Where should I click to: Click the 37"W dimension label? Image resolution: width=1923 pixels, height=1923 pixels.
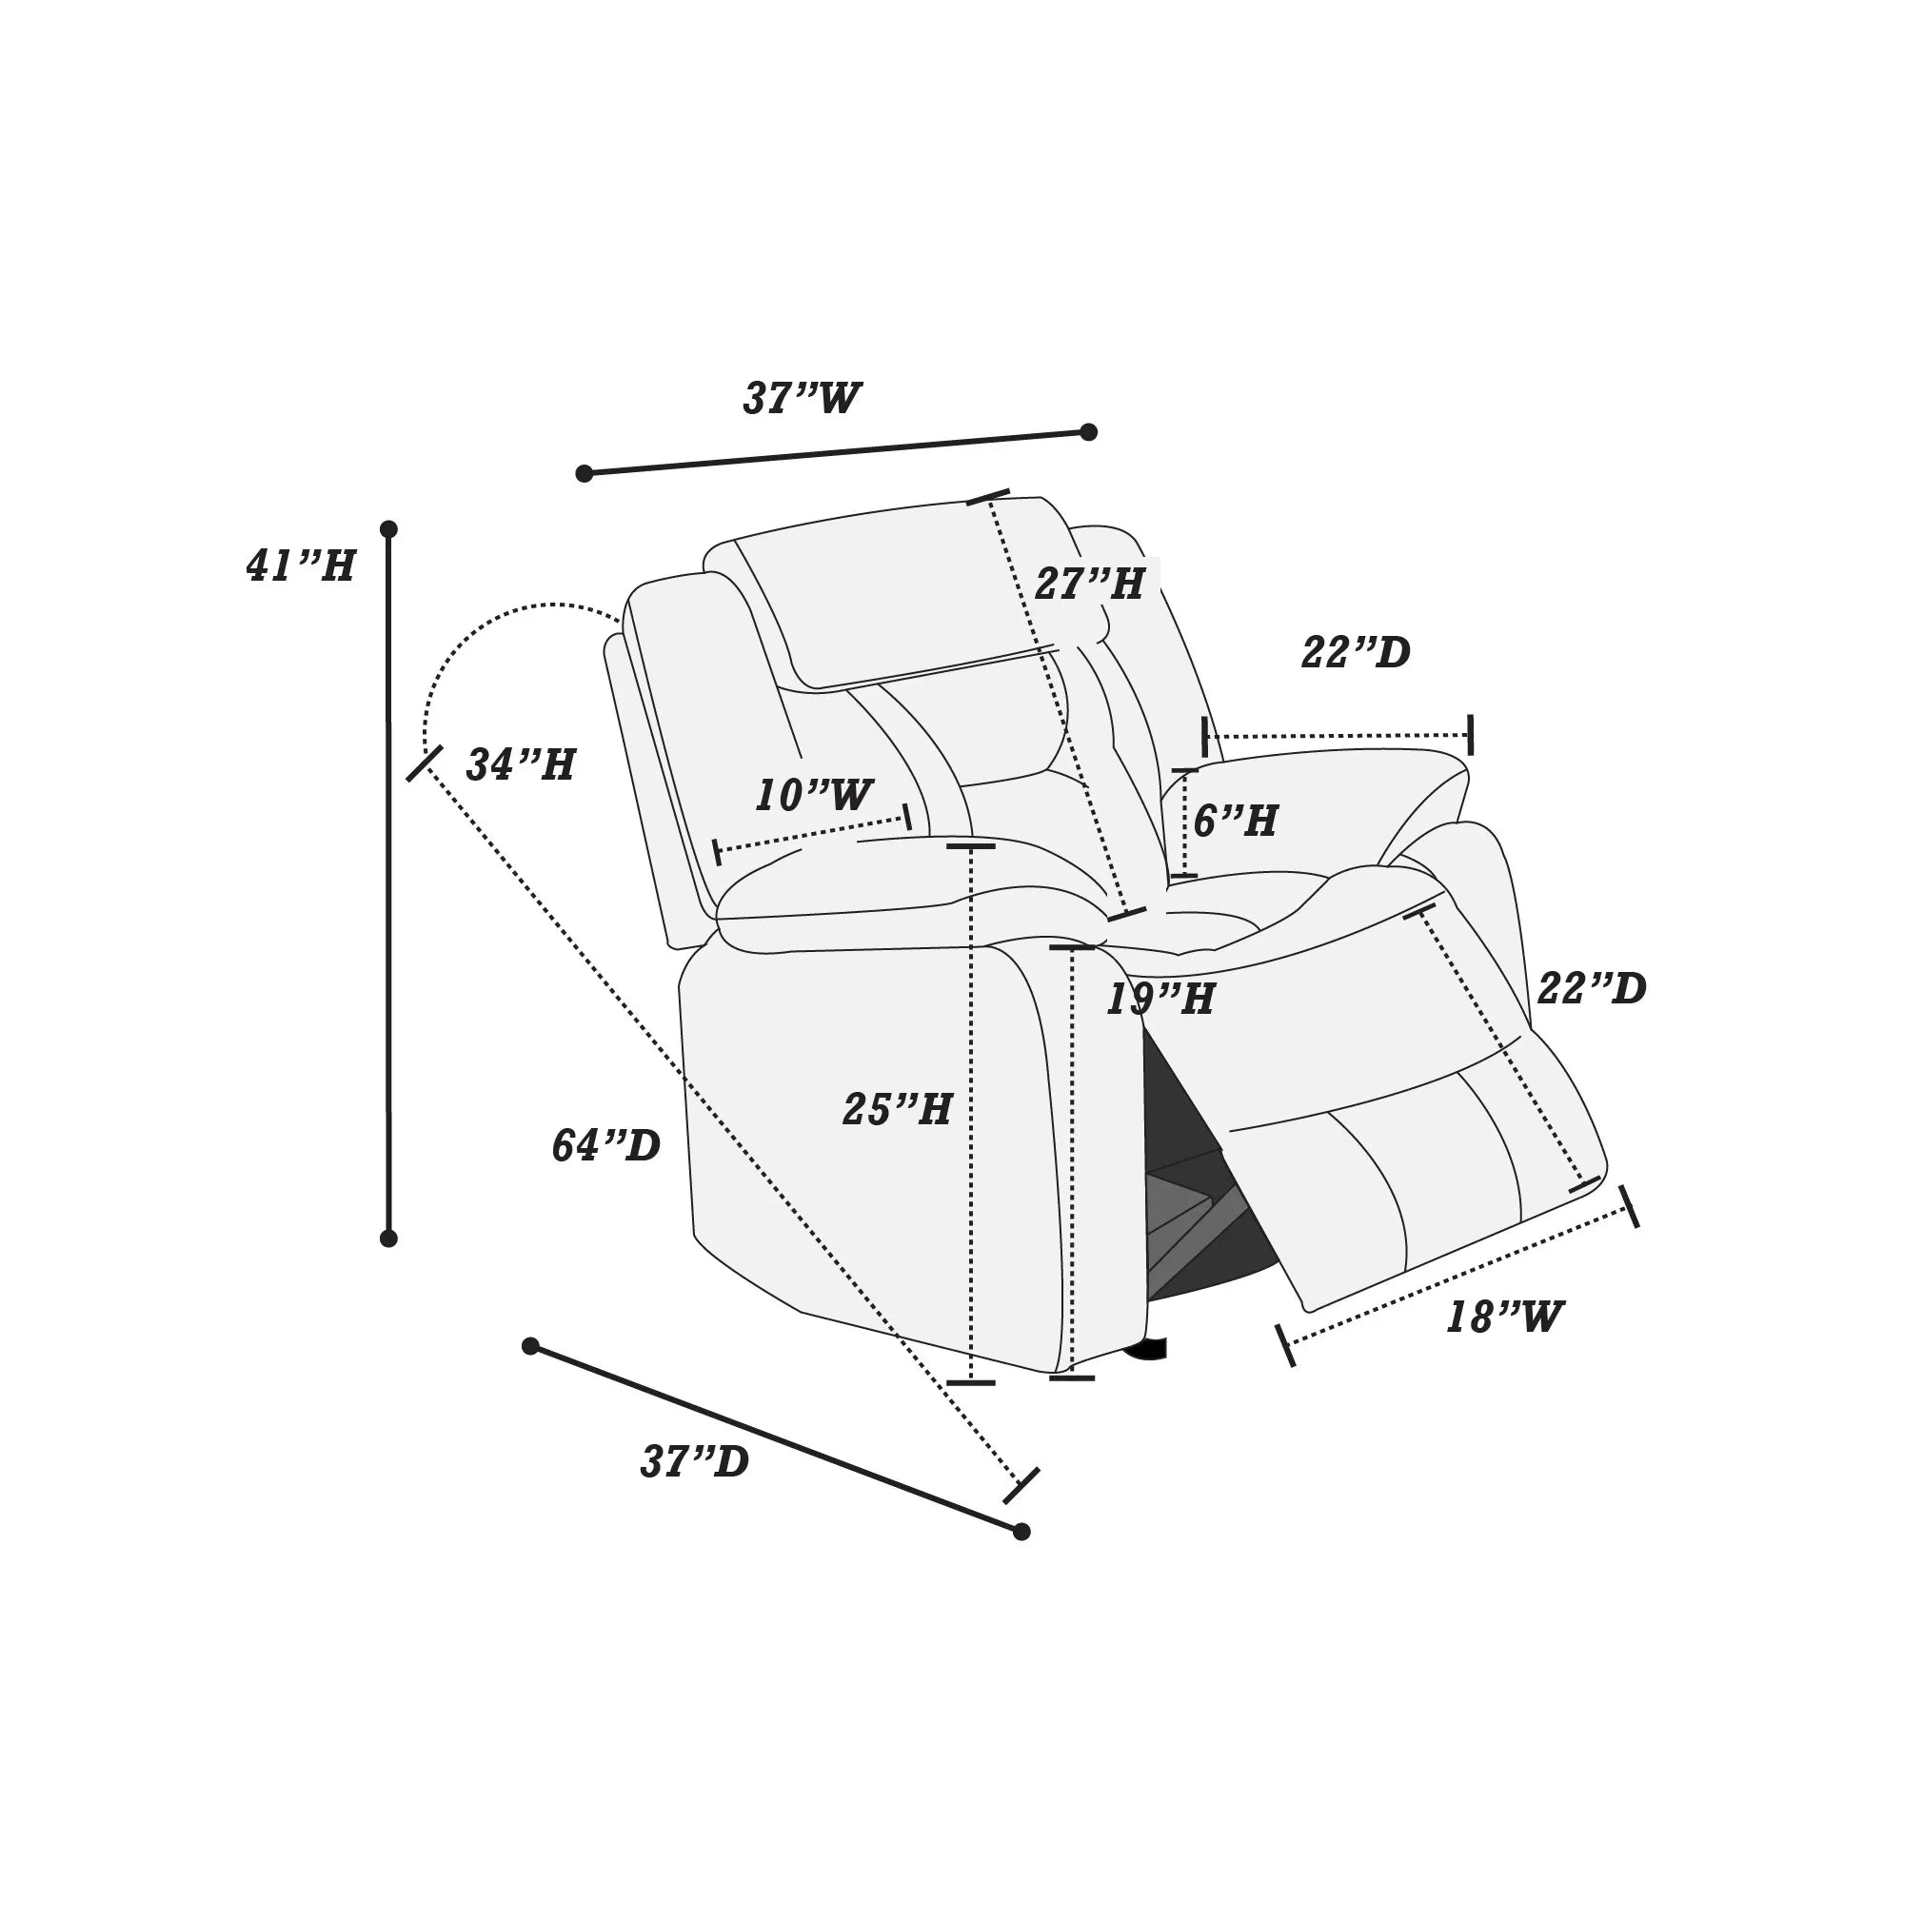click(802, 399)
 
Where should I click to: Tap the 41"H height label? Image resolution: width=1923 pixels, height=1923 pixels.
click(301, 566)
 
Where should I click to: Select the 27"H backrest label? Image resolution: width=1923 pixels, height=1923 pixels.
click(1089, 585)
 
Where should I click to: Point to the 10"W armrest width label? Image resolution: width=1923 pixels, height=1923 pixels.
click(813, 795)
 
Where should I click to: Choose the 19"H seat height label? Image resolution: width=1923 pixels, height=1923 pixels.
click(1160, 999)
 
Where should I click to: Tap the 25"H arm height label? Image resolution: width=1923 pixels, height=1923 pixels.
click(897, 1109)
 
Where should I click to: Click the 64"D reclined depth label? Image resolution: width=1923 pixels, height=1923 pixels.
click(606, 1145)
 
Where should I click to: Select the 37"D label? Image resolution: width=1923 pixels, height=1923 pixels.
click(695, 1462)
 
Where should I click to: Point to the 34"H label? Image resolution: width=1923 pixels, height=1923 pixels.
click(521, 764)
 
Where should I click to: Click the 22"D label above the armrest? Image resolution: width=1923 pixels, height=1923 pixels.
click(1356, 653)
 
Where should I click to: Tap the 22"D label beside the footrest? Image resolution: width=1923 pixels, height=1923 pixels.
click(1592, 988)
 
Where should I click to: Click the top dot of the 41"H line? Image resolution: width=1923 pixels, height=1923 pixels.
click(389, 529)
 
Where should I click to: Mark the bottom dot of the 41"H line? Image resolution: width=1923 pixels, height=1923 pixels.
click(389, 1239)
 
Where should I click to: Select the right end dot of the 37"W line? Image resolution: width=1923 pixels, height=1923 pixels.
click(1089, 432)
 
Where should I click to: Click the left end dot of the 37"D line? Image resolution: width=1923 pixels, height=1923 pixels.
click(530, 1346)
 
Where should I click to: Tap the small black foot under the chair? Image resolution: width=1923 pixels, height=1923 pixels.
click(1148, 1350)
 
